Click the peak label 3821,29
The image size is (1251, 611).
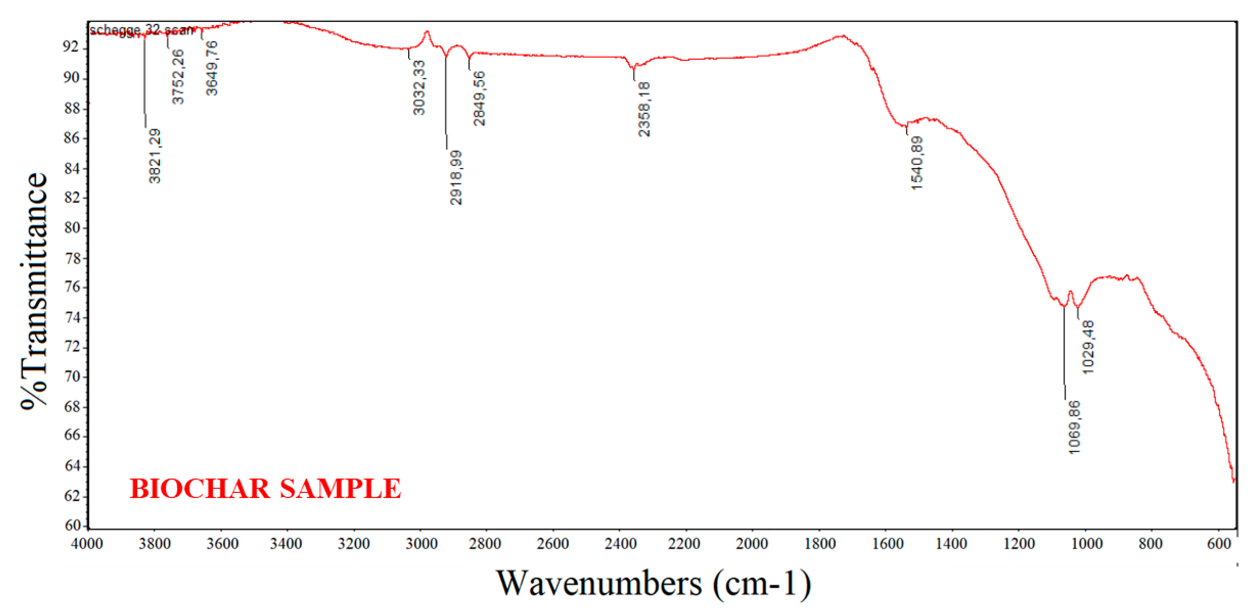coord(154,156)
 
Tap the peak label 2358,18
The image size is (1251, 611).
coord(644,109)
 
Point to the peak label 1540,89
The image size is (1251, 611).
coord(917,163)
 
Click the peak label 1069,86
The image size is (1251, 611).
coord(1074,427)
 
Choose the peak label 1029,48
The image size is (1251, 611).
coord(1088,347)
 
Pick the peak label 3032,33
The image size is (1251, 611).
coord(418,88)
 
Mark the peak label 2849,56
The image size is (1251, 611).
coord(479,99)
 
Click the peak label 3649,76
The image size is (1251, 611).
coord(212,68)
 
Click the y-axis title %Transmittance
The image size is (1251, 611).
coord(34,291)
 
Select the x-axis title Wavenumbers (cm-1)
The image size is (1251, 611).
coord(653,583)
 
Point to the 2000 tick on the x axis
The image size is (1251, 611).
coord(752,543)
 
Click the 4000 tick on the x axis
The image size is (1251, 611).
coord(87,543)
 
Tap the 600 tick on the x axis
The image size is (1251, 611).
coord(1219,543)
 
